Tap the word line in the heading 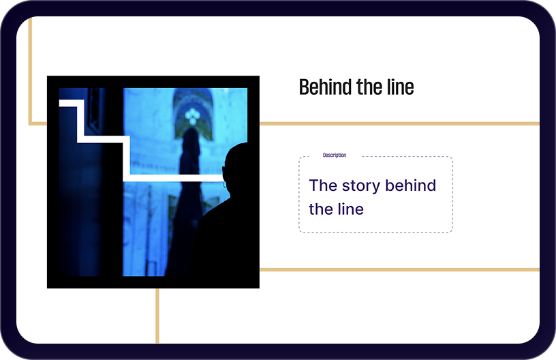pos(401,87)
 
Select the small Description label pos(335,155)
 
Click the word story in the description pos(361,186)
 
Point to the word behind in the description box pos(411,185)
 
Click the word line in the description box pos(350,209)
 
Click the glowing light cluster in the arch pos(192,116)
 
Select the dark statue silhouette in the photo pos(186,198)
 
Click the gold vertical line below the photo pos(157,316)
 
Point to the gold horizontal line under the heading pos(399,124)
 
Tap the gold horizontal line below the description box pos(399,270)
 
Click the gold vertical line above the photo pos(30,71)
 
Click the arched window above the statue pos(194,113)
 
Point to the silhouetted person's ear pos(225,185)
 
